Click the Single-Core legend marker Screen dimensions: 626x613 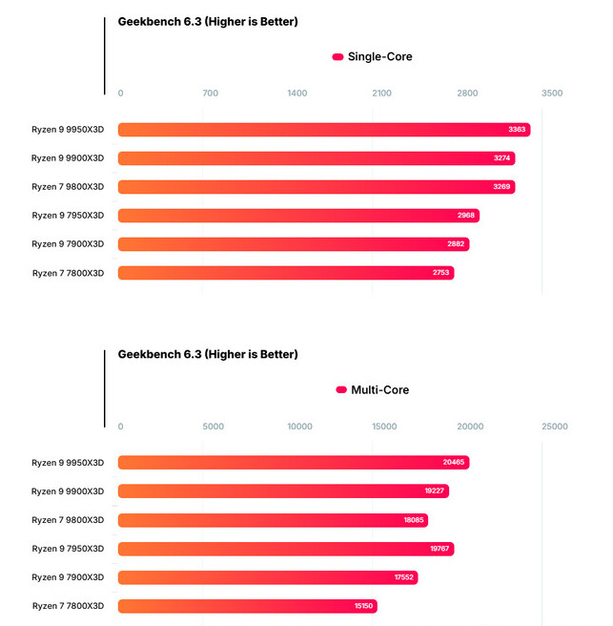click(337, 57)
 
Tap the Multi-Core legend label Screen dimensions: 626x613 click(379, 389)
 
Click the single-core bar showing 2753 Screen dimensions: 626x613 click(286, 273)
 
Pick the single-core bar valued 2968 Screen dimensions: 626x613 click(297, 216)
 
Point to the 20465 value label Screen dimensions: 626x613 click(454, 463)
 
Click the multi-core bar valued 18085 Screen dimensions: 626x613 click(273, 520)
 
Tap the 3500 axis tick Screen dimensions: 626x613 click(552, 94)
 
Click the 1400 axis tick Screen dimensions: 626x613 click(297, 94)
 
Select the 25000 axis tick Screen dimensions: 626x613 click(555, 427)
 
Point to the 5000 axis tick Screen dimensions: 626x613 click(214, 427)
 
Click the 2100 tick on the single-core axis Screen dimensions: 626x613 click(381, 94)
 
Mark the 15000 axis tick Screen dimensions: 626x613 click(384, 427)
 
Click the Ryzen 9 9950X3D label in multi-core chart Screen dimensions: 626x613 click(68, 463)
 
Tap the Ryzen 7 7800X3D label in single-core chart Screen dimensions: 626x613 click(68, 273)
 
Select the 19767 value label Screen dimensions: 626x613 click(439, 549)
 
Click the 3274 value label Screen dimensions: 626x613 click(503, 158)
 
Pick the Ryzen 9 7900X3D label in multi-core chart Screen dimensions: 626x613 click(68, 577)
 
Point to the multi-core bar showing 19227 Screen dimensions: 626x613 click(283, 491)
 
